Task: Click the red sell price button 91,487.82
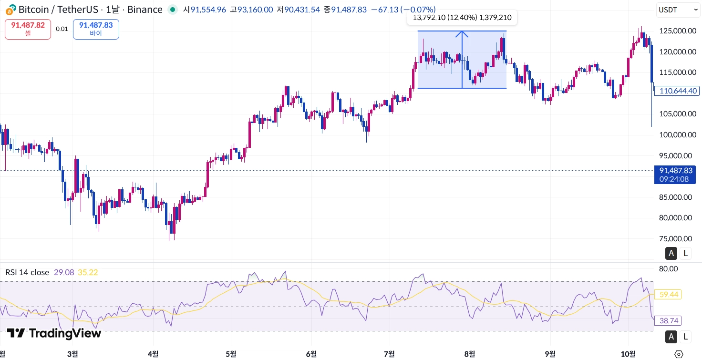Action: point(28,29)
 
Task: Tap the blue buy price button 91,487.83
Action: point(96,29)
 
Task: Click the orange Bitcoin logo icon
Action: point(10,10)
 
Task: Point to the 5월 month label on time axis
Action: point(231,354)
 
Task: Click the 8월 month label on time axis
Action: point(469,354)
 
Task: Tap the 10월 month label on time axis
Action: point(628,354)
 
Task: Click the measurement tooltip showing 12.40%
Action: point(461,18)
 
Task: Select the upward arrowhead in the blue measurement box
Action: point(462,34)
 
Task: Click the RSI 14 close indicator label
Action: point(27,272)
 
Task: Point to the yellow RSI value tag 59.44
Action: point(669,295)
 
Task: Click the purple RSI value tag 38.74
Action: point(669,320)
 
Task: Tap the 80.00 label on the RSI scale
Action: point(668,268)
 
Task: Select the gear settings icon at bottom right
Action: point(679,354)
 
